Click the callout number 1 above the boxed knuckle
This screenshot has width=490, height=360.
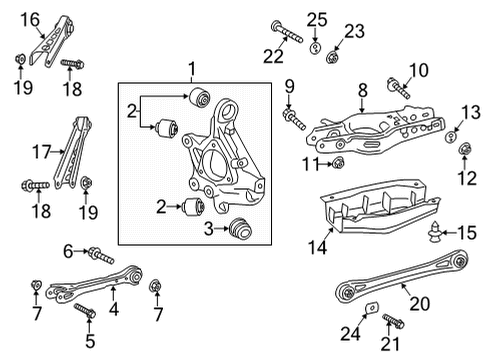pos(192,68)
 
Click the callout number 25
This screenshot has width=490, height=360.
pos(317,18)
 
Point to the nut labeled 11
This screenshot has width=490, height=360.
pos(339,163)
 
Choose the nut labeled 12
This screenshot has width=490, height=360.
pos(467,153)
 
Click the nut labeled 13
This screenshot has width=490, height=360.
pos(451,136)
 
